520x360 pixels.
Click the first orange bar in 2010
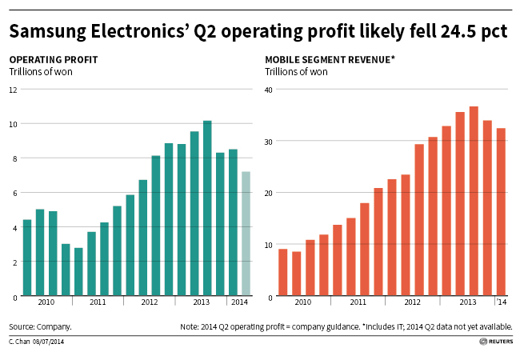pos(283,273)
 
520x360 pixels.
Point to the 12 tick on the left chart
pos(14,89)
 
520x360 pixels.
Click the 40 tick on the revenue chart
pos(269,89)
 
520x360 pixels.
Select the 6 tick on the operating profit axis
pos(14,193)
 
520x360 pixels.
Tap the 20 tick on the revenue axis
pos(269,193)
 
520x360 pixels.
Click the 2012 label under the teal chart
pos(150,302)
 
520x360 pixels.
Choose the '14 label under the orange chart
pos(502,302)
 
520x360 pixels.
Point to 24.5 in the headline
pos(457,32)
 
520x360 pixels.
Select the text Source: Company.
pos(41,327)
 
